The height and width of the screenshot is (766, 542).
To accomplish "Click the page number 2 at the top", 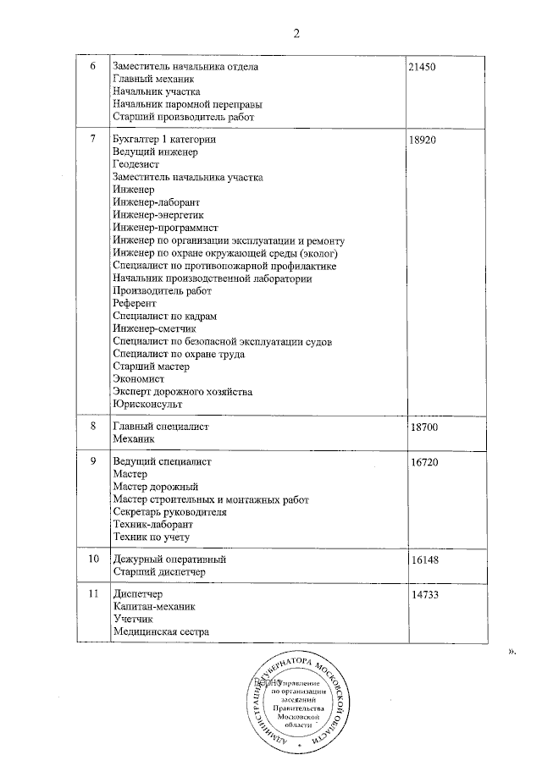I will (x=296, y=33).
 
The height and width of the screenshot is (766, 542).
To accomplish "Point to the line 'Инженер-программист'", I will (x=165, y=228).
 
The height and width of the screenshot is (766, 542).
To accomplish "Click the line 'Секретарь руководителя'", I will (x=169, y=512).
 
